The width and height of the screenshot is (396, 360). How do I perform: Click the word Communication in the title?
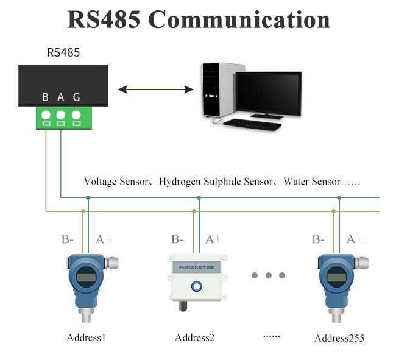[x=239, y=20]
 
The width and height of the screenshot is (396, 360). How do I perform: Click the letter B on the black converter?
[x=45, y=97]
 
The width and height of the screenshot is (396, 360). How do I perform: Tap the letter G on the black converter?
[x=76, y=97]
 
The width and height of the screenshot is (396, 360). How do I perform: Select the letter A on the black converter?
[x=60, y=97]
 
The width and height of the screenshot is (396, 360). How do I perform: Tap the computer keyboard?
[x=252, y=124]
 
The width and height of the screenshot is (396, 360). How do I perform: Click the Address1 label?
[x=87, y=337]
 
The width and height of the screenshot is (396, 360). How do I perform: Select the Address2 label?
[x=195, y=337]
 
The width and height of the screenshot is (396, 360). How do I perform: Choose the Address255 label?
[x=339, y=338]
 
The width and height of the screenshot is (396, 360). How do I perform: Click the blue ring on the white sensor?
[x=196, y=285]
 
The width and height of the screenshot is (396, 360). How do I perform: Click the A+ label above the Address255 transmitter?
[x=355, y=239]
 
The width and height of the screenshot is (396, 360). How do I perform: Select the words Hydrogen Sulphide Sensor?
[x=216, y=182]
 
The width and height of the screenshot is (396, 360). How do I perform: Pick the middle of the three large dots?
[x=269, y=275]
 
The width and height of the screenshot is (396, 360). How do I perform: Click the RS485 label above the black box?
[x=63, y=53]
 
